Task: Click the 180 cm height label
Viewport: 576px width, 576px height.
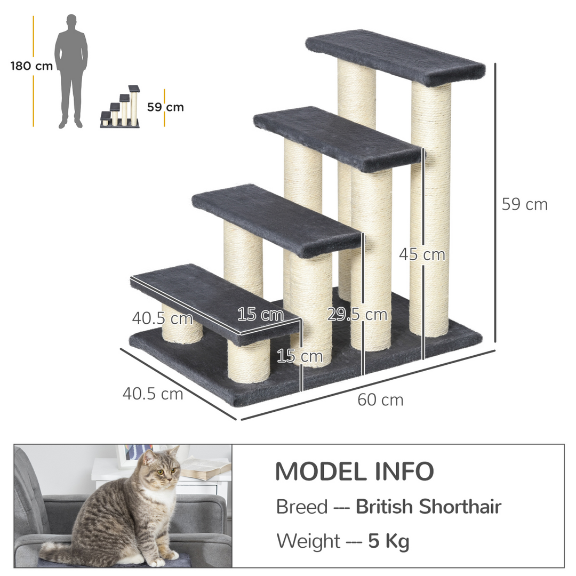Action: point(31,66)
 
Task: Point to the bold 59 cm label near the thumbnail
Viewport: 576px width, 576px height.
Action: point(165,107)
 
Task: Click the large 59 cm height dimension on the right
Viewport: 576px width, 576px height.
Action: point(524,204)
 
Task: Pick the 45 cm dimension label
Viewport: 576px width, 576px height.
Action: point(422,254)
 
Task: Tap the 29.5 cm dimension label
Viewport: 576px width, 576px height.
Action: point(357,314)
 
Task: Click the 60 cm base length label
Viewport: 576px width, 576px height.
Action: point(380,399)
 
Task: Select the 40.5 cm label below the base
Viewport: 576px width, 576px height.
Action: point(153,394)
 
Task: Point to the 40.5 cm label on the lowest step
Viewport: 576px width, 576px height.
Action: point(162,318)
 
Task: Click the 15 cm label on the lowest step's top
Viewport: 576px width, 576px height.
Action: point(260,315)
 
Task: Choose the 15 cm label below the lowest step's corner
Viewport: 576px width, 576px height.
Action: point(293,356)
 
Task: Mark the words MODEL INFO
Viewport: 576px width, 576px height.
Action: point(354,471)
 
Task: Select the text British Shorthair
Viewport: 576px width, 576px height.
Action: point(428,507)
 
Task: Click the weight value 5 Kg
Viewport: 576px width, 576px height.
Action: point(389,541)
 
